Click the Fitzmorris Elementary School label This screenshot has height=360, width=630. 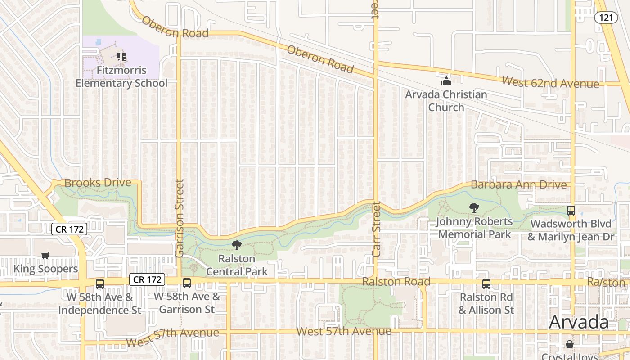click(121, 77)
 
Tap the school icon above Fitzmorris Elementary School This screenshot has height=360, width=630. click(121, 57)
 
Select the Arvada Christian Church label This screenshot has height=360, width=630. click(446, 101)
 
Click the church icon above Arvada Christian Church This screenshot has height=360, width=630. click(446, 81)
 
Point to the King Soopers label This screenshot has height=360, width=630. click(46, 269)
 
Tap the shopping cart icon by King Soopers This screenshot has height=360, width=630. click(45, 256)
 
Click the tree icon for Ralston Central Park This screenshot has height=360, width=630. click(236, 245)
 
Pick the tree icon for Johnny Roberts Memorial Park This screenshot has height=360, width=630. click(474, 208)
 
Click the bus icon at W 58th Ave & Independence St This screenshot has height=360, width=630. click(100, 284)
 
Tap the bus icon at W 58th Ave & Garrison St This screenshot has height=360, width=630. click(187, 283)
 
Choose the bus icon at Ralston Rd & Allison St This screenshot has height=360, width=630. click(486, 284)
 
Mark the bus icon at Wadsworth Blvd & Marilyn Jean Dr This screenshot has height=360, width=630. click(571, 210)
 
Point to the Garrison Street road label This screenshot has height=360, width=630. click(180, 218)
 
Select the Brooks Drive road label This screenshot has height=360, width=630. click(98, 183)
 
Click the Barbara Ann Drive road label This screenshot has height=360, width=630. click(518, 184)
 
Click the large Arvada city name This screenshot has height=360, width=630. click(579, 322)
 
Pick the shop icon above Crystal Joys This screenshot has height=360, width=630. click(570, 344)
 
